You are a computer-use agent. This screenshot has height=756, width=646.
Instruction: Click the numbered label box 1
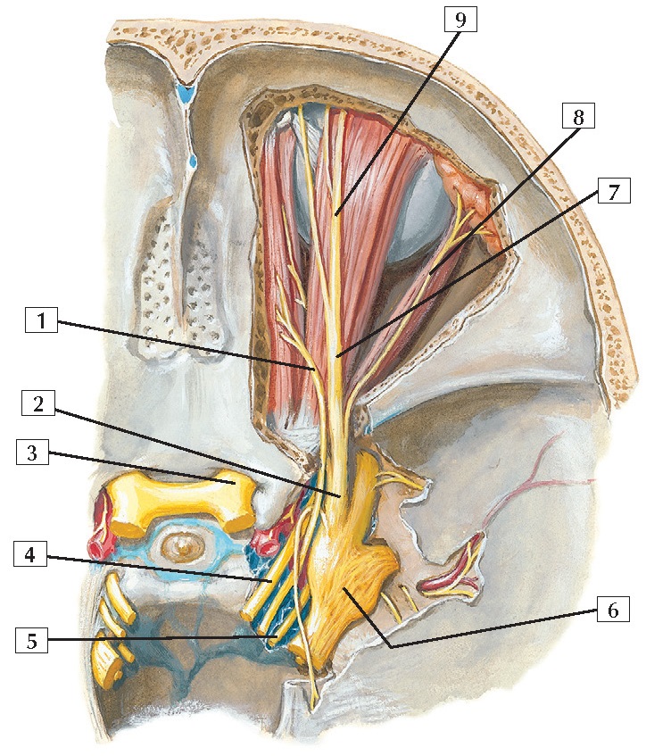(x=41, y=319)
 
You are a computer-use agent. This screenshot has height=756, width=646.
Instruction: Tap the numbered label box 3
(x=31, y=453)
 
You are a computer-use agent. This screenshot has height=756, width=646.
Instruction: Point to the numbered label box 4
(x=29, y=556)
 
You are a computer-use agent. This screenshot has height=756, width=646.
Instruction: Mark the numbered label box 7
(x=614, y=192)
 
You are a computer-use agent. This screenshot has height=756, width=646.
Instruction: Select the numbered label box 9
(x=461, y=20)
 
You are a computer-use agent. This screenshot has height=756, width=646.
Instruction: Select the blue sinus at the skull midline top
(x=186, y=93)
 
